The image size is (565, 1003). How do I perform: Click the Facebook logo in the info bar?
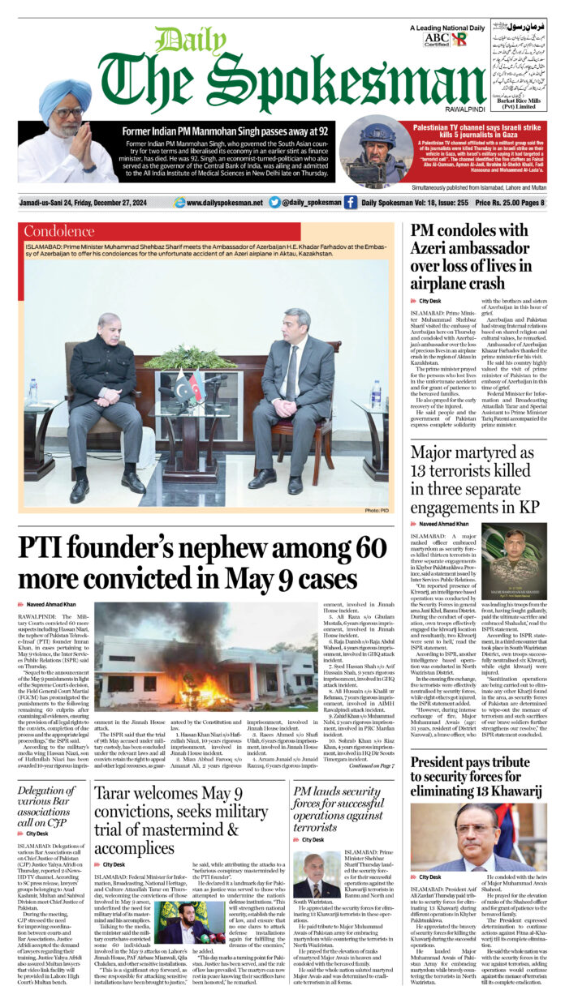(351, 203)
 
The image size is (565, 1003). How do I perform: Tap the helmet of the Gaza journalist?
(377, 134)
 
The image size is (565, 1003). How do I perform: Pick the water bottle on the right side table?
(376, 394)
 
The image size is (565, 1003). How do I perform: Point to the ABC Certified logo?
(436, 38)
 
